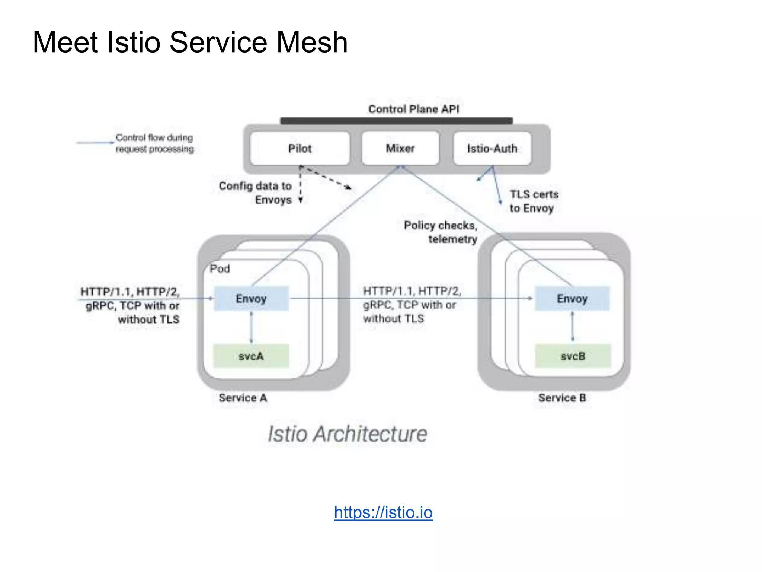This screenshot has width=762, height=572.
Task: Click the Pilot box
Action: [300, 148]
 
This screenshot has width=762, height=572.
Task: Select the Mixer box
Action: [400, 148]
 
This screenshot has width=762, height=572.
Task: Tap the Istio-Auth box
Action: [492, 148]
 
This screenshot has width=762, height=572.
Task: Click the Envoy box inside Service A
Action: [251, 298]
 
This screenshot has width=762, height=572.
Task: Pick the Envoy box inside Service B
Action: [572, 298]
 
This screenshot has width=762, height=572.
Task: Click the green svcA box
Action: [251, 356]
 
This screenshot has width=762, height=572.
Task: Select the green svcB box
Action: [573, 356]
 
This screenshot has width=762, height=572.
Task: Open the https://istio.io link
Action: [383, 512]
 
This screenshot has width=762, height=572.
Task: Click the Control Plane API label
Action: [413, 109]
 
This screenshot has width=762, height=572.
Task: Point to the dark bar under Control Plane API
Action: [396, 121]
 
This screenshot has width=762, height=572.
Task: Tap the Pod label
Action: [220, 268]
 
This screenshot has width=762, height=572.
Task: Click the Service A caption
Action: [243, 398]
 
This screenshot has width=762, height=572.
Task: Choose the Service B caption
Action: [562, 398]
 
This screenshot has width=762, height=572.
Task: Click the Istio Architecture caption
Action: [347, 434]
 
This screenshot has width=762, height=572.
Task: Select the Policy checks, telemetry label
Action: [441, 232]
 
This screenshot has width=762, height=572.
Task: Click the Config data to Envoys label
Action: [256, 193]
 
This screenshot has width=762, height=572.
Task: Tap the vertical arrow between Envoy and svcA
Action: [251, 327]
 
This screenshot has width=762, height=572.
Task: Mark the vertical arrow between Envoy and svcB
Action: [572, 327]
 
